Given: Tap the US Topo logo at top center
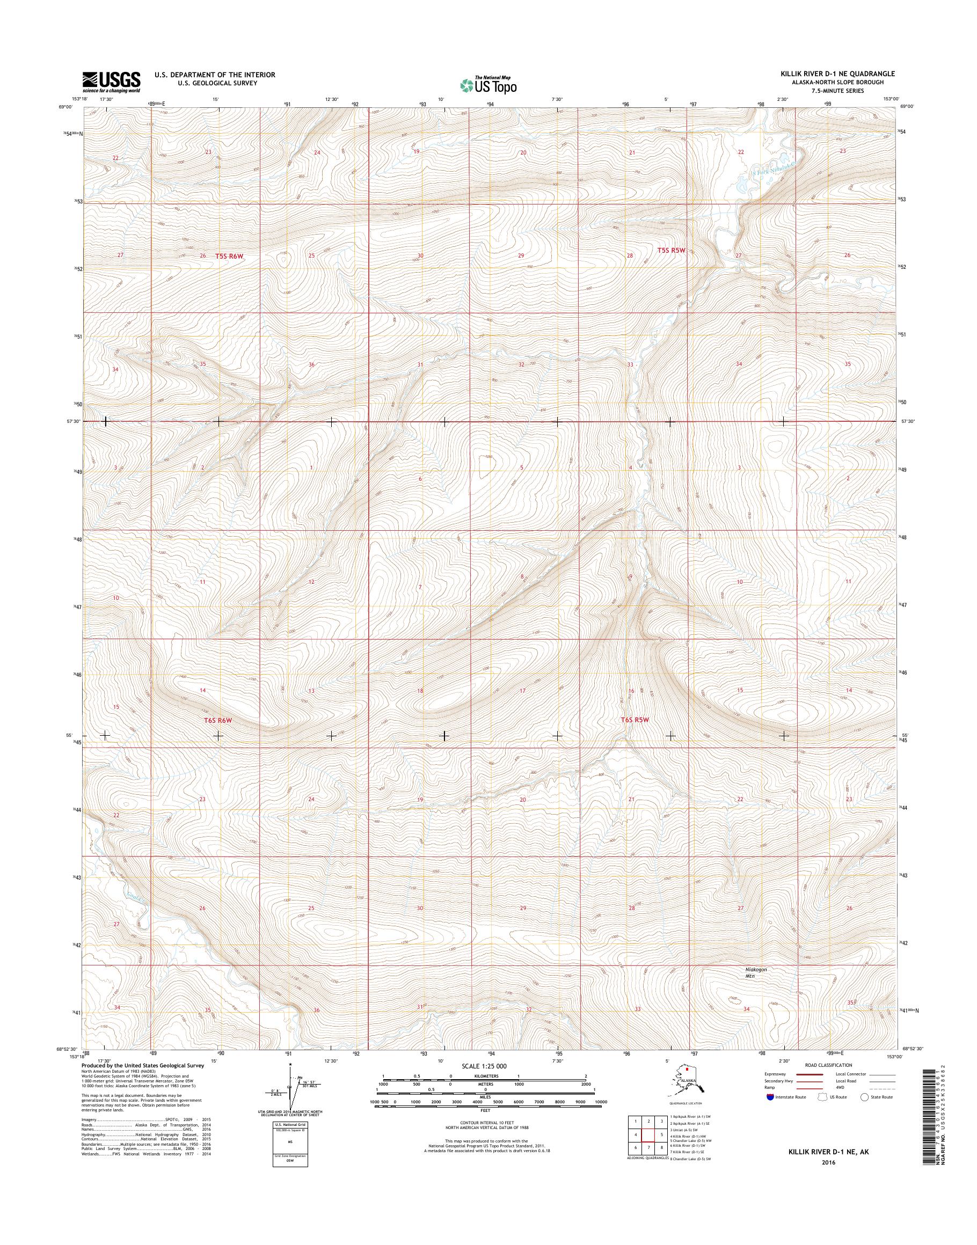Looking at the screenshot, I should (x=488, y=85).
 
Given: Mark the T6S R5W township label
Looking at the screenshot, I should (x=636, y=720).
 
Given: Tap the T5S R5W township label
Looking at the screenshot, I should (x=671, y=251).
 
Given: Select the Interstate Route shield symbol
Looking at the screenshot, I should (x=769, y=1097).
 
